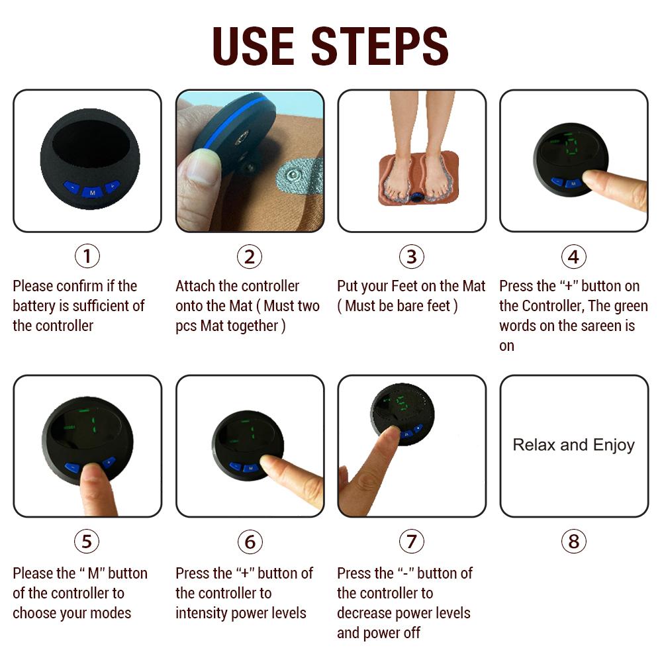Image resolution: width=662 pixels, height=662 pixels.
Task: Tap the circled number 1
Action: pos(87,256)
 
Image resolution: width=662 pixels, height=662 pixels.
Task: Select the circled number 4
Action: pos(573,256)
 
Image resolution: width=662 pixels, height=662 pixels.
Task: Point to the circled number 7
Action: pos(411,542)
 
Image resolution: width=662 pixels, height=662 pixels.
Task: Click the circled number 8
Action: pos(573,542)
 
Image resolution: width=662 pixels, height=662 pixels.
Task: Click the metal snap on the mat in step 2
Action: pos(289,177)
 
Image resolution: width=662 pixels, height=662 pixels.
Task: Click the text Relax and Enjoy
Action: pos(573,445)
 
